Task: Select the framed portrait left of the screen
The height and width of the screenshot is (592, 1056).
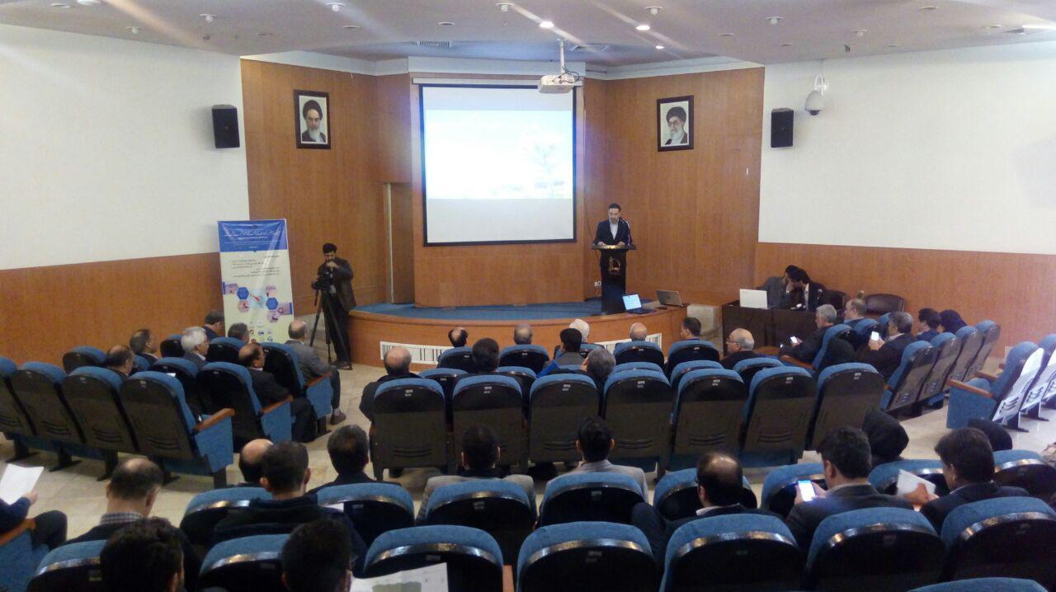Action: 312,120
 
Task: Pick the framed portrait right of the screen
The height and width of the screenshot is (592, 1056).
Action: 675,123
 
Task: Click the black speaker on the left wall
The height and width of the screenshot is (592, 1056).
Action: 225,126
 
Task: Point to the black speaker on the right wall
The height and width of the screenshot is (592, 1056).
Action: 781,128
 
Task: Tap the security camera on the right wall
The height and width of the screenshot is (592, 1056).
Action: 815,98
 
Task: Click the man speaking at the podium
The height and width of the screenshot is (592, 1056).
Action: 612,226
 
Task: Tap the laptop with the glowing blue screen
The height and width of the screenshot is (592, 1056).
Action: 633,303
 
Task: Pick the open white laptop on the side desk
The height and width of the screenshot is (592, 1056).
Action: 752,298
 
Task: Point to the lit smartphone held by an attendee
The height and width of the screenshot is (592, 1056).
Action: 805,490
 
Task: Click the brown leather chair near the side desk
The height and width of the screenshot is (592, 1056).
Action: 884,303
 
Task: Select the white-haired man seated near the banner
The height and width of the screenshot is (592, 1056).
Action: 195,343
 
